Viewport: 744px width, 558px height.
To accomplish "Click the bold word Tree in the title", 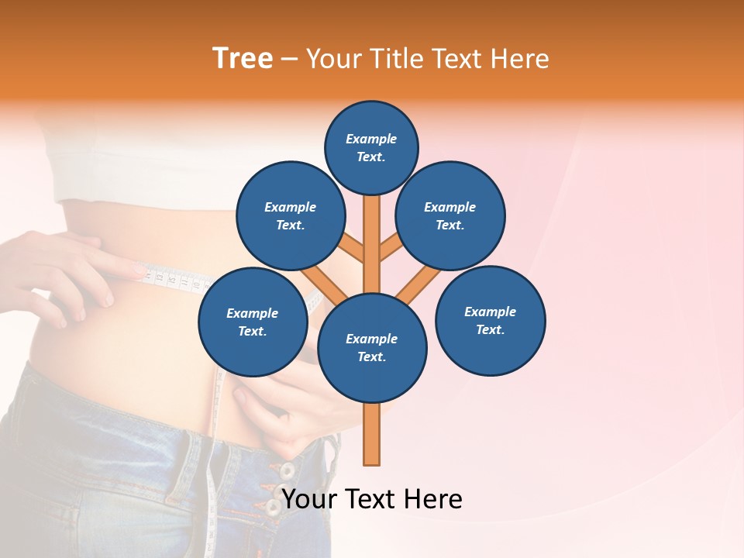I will [x=243, y=58].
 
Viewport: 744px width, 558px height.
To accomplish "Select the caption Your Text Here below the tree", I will [x=372, y=499].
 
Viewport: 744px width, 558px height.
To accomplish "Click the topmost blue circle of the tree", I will [x=371, y=147].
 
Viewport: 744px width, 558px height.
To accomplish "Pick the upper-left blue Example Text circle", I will [x=290, y=215].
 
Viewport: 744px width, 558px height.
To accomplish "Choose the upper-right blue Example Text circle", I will [x=450, y=215].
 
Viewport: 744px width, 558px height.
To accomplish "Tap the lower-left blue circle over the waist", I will [x=253, y=322].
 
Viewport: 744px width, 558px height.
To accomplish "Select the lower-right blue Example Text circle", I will [x=491, y=320].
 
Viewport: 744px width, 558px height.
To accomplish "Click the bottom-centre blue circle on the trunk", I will [x=372, y=347].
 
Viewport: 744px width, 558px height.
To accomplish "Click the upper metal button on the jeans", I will [x=287, y=470].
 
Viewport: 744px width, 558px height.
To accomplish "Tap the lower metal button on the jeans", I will [x=273, y=508].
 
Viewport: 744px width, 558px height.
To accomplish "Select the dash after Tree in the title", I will [x=290, y=59].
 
